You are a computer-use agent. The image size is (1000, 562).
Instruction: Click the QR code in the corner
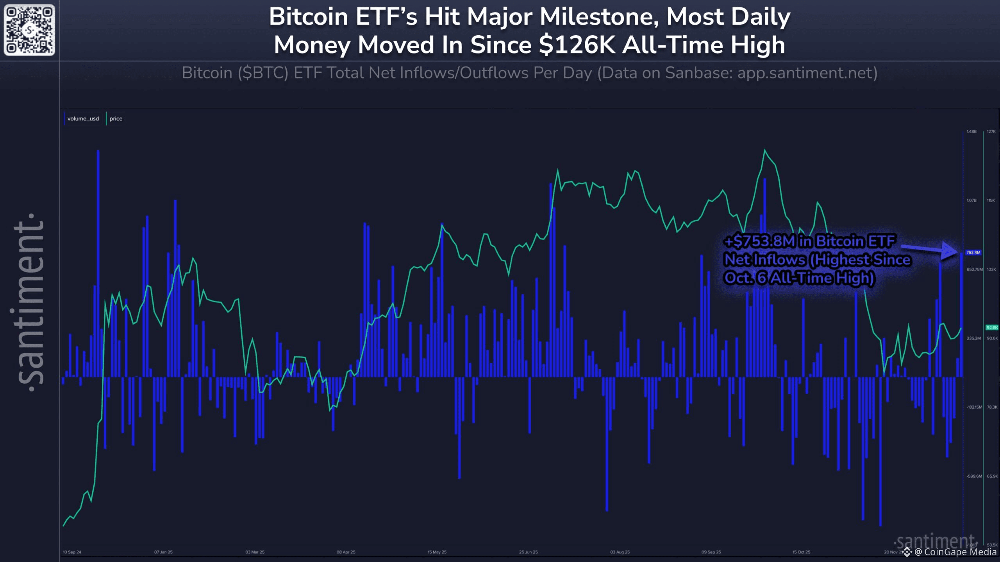29,30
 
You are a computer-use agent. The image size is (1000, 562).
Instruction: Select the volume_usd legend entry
83,119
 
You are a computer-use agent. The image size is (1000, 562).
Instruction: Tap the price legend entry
116,119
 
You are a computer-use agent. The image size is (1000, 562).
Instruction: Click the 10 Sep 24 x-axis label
72,552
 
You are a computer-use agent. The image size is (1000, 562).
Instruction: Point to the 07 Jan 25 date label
163,552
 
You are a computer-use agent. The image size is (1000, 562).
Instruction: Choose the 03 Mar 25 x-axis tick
255,552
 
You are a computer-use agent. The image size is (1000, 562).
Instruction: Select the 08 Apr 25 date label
346,552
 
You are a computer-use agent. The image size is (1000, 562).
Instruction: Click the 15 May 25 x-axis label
437,552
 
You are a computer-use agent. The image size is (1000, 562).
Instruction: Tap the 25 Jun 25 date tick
529,552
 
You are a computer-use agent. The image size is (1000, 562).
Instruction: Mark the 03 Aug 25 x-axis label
620,552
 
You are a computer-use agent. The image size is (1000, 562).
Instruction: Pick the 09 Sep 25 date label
711,552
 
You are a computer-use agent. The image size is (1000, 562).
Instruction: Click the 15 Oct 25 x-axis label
801,552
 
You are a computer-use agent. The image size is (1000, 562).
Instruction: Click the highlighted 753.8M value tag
973,253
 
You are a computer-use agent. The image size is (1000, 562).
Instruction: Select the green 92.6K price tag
992,327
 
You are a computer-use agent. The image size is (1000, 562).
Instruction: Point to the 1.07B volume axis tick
971,200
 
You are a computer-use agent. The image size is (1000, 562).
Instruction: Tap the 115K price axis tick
991,200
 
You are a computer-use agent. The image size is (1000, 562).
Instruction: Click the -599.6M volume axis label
974,476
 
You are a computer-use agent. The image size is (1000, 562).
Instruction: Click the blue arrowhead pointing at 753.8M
950,251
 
